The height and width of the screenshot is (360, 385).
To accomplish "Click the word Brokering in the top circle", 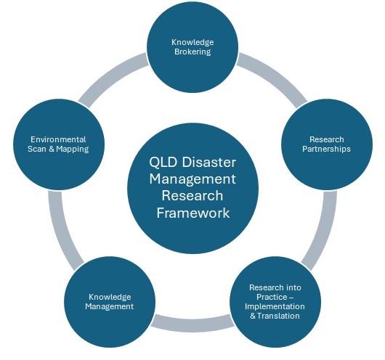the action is (192, 52).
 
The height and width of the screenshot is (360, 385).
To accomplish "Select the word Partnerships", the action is (326, 150).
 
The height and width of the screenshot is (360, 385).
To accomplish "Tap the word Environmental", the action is (58, 139).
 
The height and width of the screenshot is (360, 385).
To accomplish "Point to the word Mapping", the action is (73, 150).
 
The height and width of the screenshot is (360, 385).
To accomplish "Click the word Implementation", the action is (275, 306).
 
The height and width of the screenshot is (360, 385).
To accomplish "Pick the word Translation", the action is (278, 316).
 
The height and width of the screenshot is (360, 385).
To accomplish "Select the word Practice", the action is (272, 297).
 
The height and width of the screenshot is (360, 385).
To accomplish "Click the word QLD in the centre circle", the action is (163, 163).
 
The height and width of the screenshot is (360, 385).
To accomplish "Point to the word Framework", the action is (193, 213).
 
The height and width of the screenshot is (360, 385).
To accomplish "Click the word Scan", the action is (37, 150).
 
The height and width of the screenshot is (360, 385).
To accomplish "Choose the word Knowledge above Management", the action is (110, 297).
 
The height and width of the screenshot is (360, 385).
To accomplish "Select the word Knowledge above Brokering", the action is (192, 42).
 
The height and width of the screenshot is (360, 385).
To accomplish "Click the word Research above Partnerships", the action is (327, 139).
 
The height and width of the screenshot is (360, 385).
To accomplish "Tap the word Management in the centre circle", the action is (192, 179).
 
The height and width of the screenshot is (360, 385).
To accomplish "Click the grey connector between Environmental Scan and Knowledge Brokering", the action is (110, 75).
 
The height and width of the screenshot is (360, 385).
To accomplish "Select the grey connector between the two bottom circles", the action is (192, 322).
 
